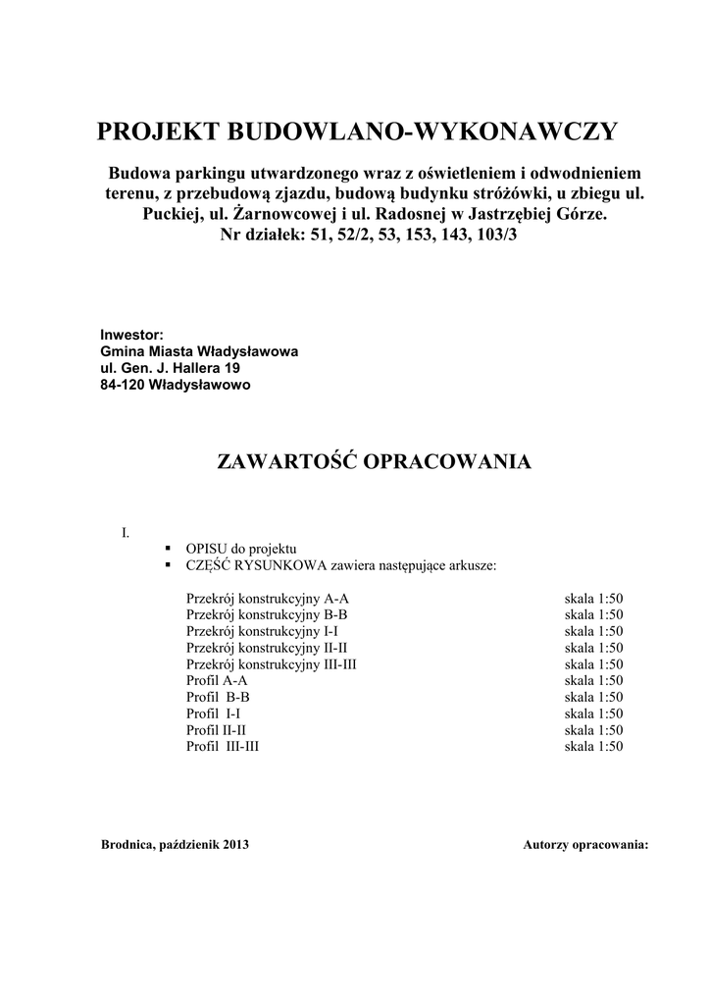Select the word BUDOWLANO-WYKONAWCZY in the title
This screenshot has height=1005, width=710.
point(423,132)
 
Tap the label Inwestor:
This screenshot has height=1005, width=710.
point(131,335)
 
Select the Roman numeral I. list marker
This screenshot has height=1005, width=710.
point(126,533)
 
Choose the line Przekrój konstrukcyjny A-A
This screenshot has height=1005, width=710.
point(267,598)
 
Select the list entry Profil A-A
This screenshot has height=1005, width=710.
point(217,680)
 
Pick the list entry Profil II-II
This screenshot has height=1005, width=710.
point(216,730)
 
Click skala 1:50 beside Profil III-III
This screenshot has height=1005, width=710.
point(593,747)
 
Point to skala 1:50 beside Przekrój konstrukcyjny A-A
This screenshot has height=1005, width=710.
point(593,598)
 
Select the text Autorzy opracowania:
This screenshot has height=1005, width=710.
point(585,844)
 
